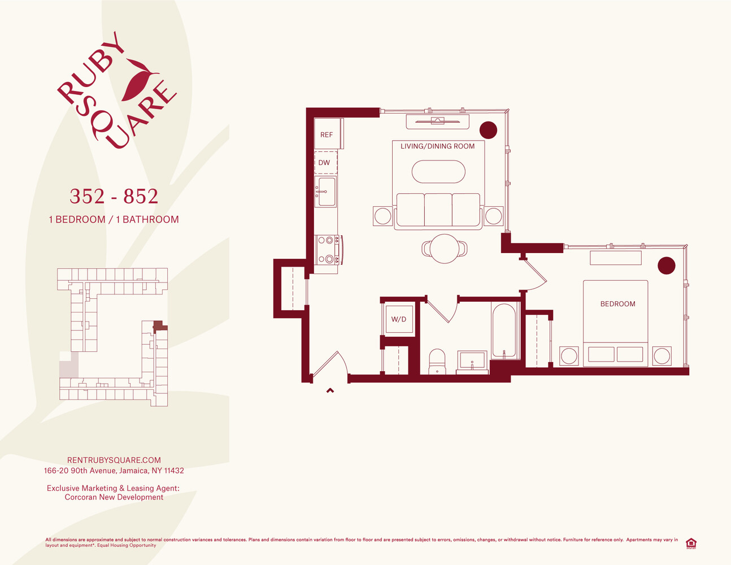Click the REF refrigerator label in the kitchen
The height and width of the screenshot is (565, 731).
point(327,134)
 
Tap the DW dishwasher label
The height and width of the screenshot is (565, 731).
point(324,163)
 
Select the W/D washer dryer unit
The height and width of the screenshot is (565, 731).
point(399,319)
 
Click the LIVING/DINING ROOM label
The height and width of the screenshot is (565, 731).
point(438,146)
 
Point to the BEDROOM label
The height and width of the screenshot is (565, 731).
point(617,304)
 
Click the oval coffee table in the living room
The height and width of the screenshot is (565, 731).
point(438,172)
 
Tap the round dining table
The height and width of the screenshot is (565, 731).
point(445,249)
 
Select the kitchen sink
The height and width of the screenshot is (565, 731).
point(325,191)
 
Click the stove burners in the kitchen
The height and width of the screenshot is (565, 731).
point(326,250)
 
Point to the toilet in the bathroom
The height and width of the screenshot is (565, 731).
point(437,361)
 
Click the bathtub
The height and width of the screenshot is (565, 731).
point(504,331)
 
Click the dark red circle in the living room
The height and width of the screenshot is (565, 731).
point(488,130)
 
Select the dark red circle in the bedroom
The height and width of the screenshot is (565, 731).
point(667,266)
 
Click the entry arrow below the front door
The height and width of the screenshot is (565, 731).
point(330,390)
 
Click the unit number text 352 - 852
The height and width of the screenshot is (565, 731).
point(114,197)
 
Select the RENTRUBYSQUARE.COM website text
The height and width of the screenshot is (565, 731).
point(114,460)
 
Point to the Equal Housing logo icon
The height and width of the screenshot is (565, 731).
point(690,544)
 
